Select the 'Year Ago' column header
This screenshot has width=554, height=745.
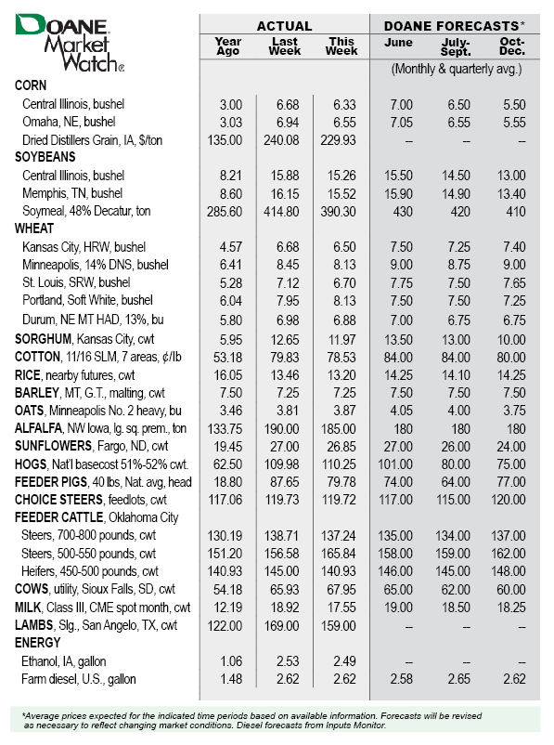pos(227,46)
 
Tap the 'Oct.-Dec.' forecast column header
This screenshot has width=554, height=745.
pos(511,46)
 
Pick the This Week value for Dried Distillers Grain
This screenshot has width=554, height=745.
pos(341,140)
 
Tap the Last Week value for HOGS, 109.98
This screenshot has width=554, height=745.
pos(285,462)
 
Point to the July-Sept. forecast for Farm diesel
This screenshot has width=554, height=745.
pos(457,680)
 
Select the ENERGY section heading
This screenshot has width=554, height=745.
pos(39,643)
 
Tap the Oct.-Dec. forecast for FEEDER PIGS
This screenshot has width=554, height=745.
pos(512,481)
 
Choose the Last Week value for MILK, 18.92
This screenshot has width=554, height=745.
pos(285,608)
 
